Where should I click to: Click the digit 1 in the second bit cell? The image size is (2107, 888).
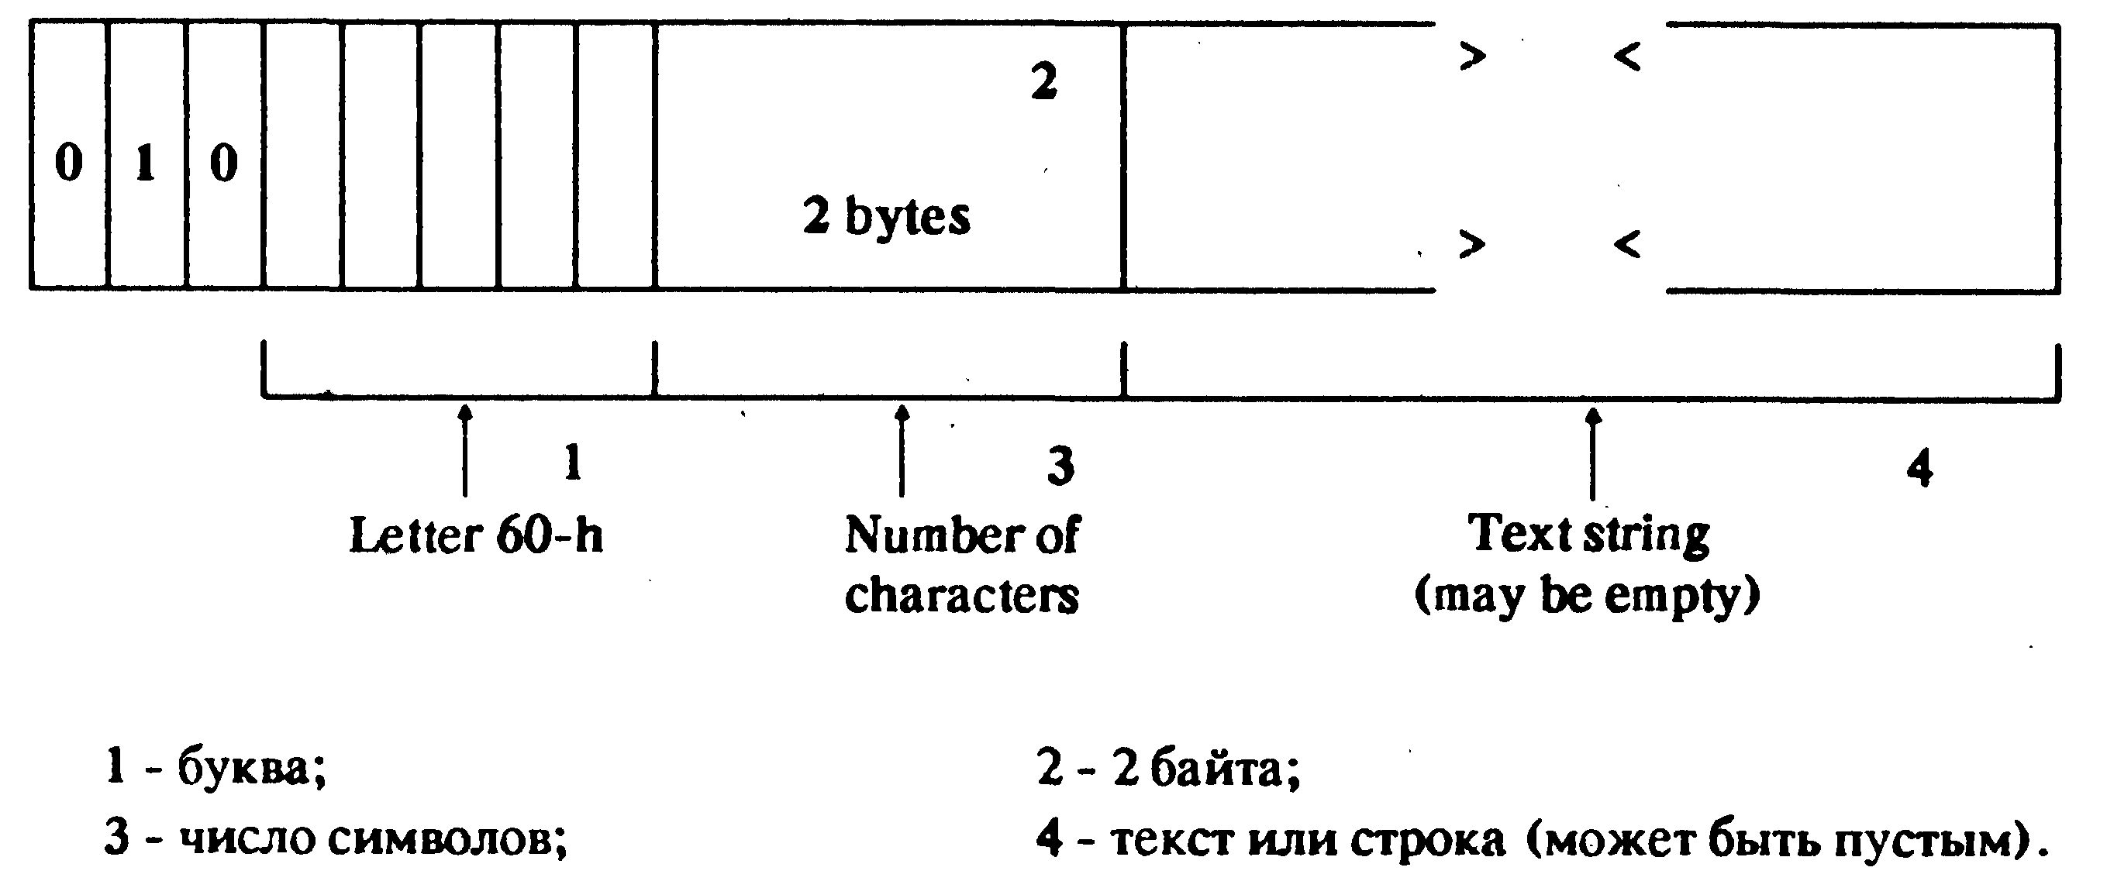click(146, 163)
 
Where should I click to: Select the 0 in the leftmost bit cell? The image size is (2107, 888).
click(69, 163)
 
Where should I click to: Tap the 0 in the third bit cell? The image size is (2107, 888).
click(223, 163)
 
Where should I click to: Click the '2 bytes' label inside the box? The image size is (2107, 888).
click(887, 217)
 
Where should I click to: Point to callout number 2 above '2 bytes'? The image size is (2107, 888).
click(1043, 82)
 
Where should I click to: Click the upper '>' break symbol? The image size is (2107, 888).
click(1473, 57)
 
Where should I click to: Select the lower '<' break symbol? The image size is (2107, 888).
click(1627, 243)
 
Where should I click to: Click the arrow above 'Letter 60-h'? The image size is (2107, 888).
click(465, 450)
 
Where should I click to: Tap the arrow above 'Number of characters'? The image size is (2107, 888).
click(902, 450)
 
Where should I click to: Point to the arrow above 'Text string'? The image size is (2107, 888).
click(1592, 454)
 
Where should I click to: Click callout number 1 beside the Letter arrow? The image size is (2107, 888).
click(574, 463)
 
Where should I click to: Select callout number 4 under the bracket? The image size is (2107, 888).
click(1919, 470)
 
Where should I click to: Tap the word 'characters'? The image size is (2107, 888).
click(962, 595)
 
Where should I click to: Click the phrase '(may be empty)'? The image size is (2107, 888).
click(1588, 596)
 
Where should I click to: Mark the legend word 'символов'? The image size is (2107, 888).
click(447, 840)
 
